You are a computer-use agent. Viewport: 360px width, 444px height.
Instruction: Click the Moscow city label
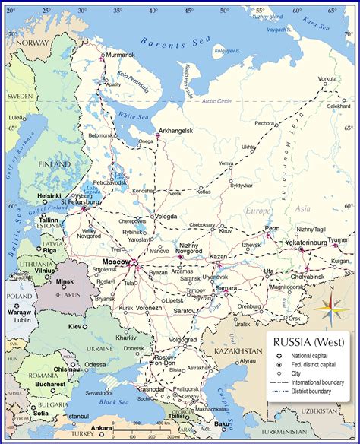(x=116, y=262)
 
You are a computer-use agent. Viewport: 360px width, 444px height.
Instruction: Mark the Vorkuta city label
(x=327, y=79)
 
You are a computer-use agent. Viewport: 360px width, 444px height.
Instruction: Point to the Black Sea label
(x=113, y=401)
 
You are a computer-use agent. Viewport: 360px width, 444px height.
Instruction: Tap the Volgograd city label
(x=182, y=339)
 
